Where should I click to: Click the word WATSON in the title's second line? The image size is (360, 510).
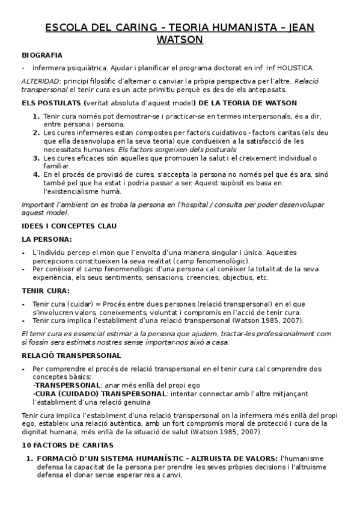(180, 40)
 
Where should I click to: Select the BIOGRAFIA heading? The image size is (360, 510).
(42, 55)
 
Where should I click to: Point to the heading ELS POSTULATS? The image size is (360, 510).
(52, 103)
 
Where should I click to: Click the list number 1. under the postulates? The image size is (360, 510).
(36, 115)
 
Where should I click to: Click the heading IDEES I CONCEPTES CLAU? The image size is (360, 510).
(69, 226)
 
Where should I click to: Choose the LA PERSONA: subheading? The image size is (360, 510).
(46, 239)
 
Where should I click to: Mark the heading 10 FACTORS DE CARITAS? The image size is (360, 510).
(67, 445)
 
